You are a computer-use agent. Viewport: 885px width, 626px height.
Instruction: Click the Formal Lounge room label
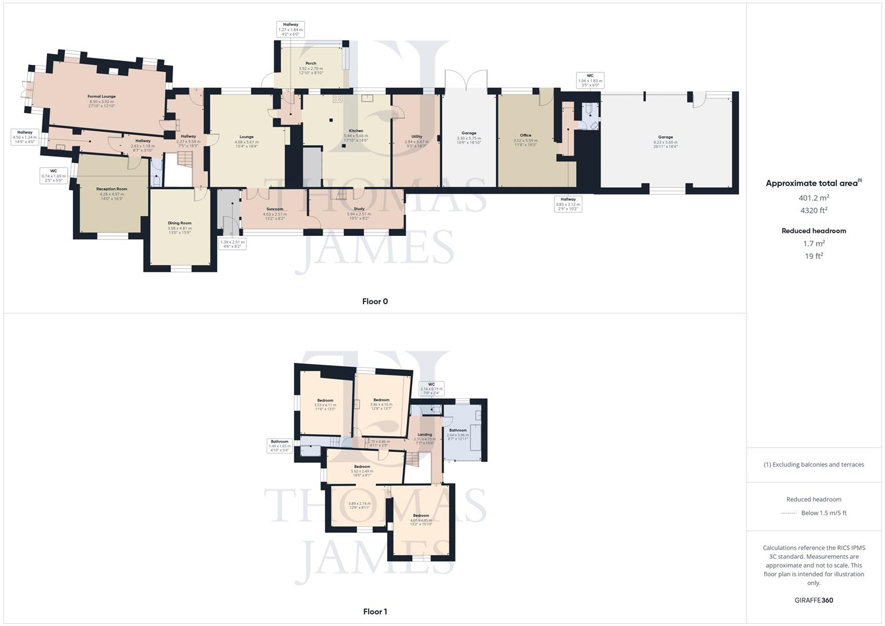tap(101, 97)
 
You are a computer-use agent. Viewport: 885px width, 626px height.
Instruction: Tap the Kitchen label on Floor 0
tap(356, 131)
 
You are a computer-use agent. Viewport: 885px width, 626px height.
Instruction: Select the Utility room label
tap(416, 137)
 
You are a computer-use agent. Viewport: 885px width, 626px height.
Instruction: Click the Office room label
tap(525, 136)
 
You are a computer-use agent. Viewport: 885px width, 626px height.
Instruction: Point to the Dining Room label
tap(180, 223)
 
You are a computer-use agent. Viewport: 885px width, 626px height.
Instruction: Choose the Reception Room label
tap(111, 189)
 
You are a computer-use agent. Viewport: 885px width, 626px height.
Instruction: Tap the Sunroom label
tap(275, 209)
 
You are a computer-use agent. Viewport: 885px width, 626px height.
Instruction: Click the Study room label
tap(359, 209)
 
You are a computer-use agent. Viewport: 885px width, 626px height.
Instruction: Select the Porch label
tap(311, 64)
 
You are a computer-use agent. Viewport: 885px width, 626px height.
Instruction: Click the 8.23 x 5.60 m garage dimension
tap(665, 143)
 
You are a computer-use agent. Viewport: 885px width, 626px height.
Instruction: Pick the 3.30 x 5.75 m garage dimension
tap(469, 139)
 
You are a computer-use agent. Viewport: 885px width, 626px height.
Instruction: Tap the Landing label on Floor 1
tap(425, 435)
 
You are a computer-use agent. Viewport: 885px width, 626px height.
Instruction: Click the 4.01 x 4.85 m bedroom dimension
tap(421, 521)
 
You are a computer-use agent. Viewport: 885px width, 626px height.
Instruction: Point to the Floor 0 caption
tap(375, 301)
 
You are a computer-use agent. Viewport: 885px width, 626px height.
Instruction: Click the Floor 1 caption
tap(375, 612)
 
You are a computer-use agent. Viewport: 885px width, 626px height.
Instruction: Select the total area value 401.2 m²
tap(814, 198)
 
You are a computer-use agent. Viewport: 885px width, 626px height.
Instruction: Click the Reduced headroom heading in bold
tap(814, 231)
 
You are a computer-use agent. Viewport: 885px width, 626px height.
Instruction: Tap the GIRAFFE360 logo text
tap(814, 600)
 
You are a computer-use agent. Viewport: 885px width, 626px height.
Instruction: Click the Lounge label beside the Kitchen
tap(246, 137)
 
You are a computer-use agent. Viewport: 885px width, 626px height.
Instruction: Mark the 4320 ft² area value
tap(814, 210)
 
